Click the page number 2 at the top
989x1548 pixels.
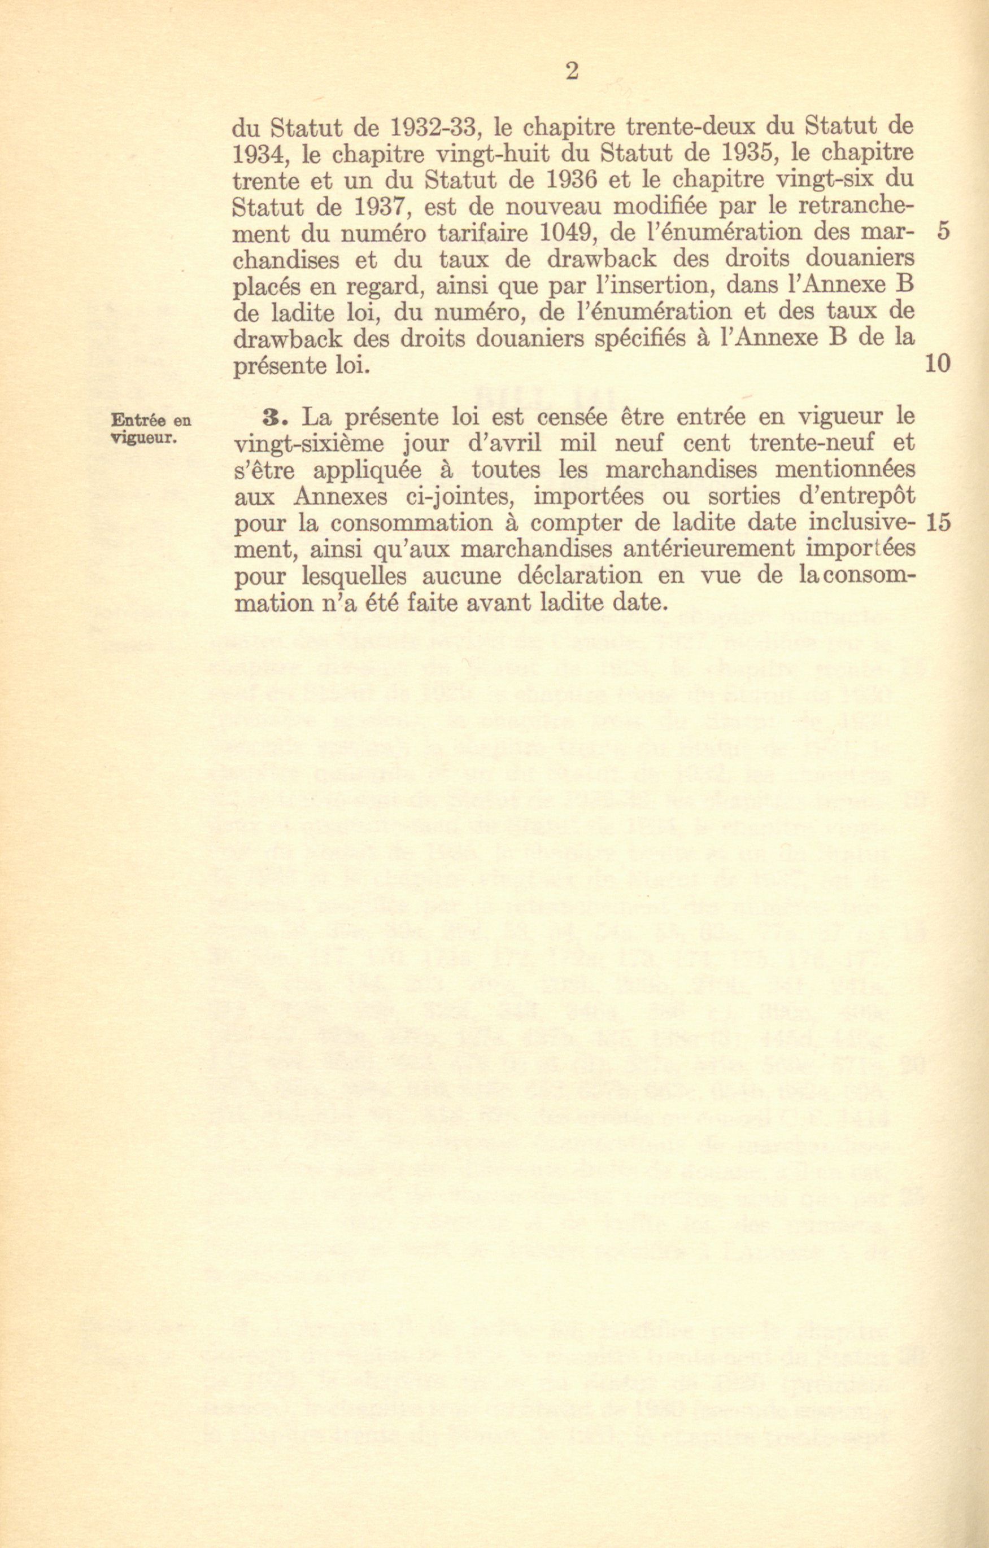pos(572,71)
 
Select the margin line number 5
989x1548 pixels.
pos(943,232)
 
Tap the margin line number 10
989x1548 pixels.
pos(938,365)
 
